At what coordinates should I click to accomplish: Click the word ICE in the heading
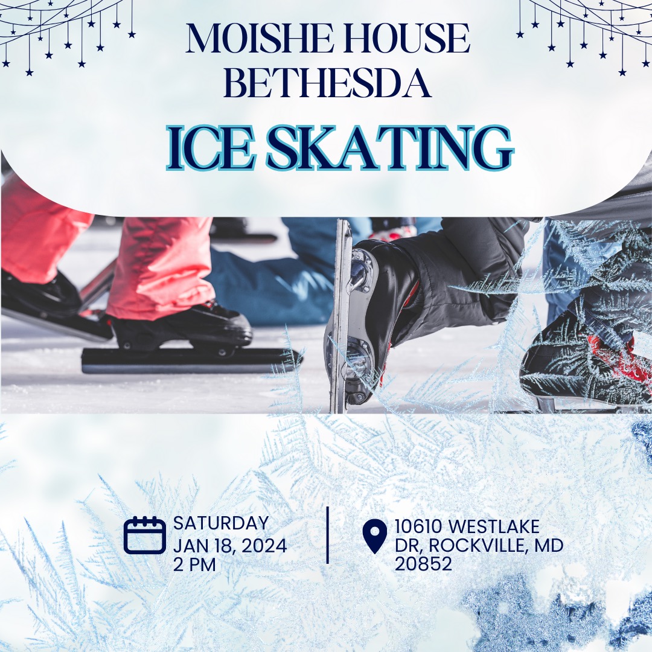[210, 148]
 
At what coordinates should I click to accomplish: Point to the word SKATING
[389, 148]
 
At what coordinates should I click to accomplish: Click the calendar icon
[144, 535]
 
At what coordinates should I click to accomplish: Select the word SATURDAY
[221, 523]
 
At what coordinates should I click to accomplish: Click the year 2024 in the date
[264, 546]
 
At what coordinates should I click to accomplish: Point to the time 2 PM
[194, 564]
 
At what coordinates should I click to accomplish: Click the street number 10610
[418, 526]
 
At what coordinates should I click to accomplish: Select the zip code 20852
[423, 564]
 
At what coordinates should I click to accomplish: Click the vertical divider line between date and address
[328, 535]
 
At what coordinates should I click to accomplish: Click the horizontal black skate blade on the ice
[191, 360]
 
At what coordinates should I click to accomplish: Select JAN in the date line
[187, 546]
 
